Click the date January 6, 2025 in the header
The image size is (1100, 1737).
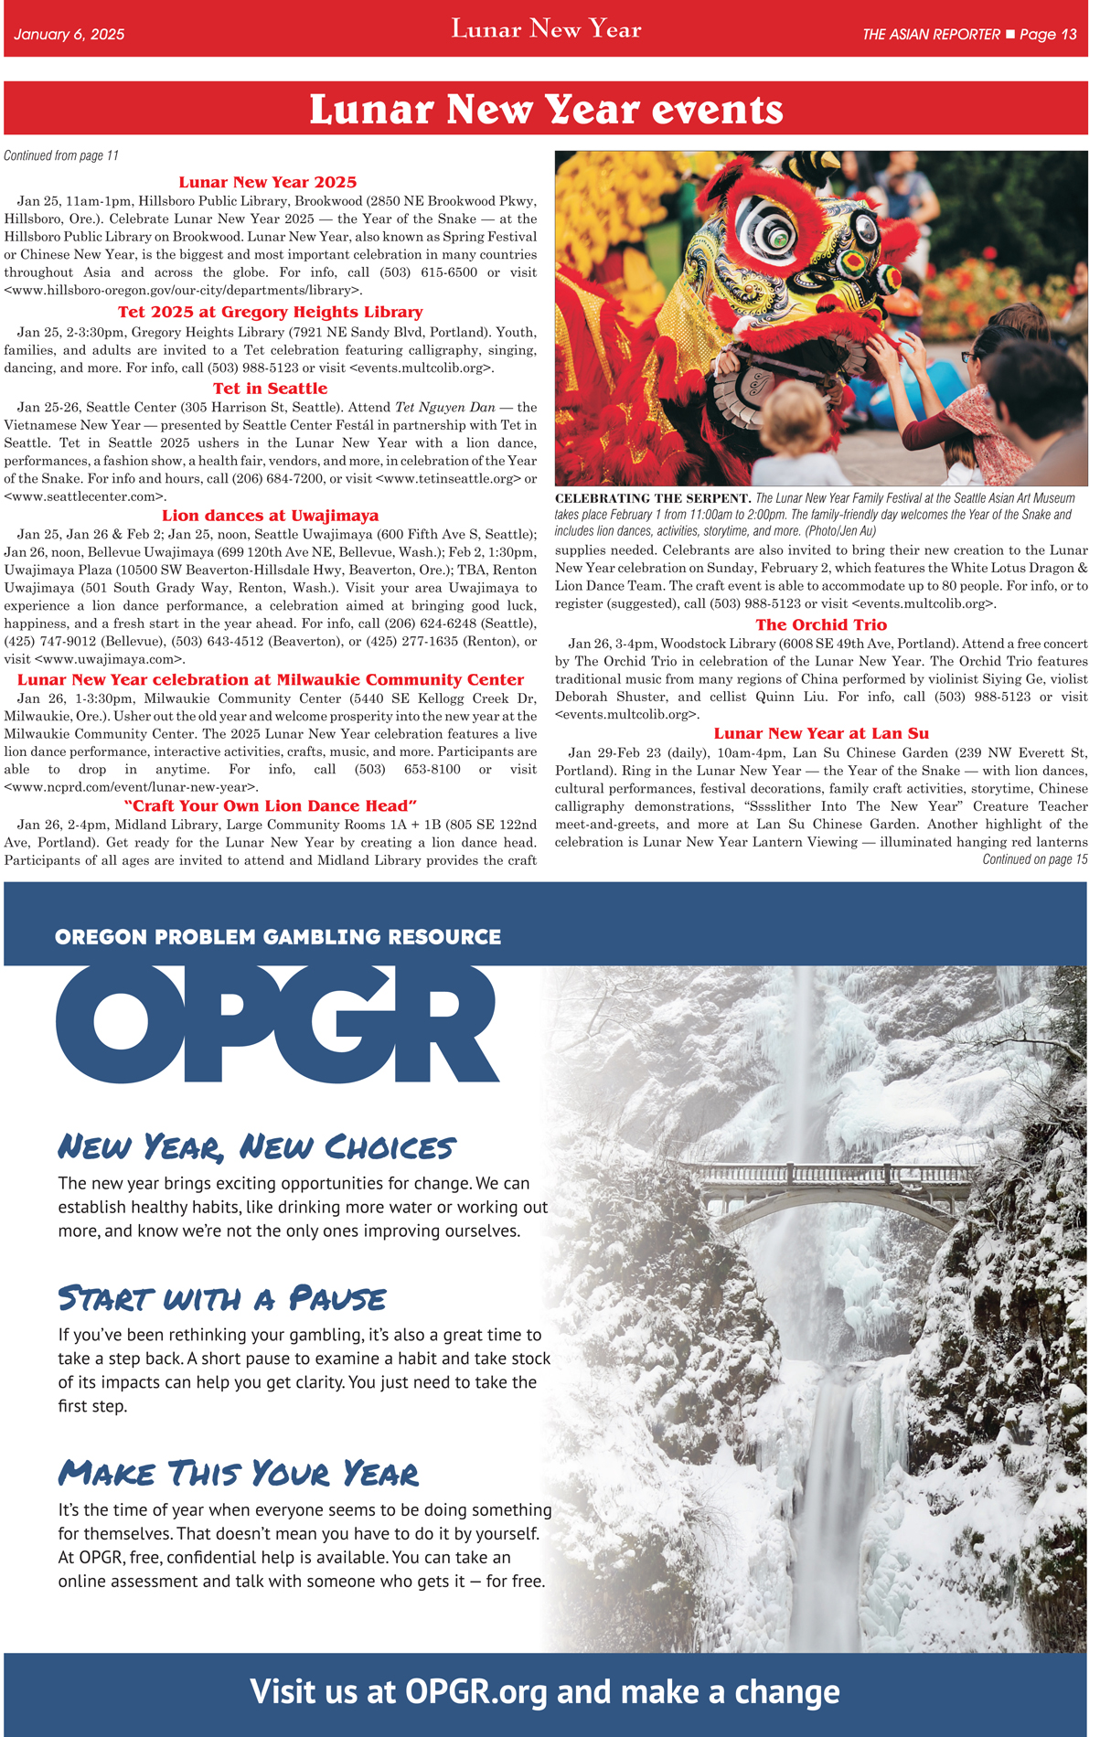pos(69,35)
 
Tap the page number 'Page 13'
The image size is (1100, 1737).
pos(1048,35)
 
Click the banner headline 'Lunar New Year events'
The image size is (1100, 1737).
pos(546,110)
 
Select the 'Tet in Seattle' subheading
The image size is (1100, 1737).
pos(270,389)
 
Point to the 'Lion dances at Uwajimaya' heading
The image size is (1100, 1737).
pos(270,516)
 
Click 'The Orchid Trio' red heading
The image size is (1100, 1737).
pos(820,625)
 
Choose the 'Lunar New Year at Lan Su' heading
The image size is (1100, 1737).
pos(820,733)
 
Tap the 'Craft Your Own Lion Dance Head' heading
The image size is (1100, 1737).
pos(270,805)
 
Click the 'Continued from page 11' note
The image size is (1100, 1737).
pos(61,155)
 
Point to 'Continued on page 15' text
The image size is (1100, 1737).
pos(1034,859)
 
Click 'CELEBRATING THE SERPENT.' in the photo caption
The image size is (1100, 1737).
pos(653,498)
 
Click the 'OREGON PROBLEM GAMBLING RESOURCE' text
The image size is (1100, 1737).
pos(278,937)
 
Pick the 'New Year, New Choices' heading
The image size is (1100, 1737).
pos(256,1146)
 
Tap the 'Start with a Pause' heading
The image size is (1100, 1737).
pos(222,1298)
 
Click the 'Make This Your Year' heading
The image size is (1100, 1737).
pos(238,1473)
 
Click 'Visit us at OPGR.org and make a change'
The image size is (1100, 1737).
pos(545,1691)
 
